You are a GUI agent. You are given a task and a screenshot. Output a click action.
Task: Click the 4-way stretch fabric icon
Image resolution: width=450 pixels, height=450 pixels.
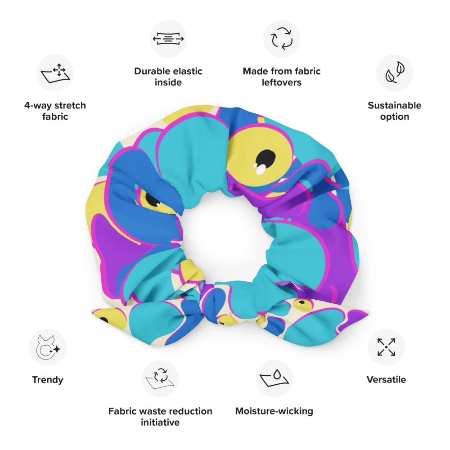point(55,73)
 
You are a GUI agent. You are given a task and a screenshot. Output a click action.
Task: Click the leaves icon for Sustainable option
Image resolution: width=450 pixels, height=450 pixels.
point(395,73)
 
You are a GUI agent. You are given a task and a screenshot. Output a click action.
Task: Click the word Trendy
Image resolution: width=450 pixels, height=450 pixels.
point(48,380)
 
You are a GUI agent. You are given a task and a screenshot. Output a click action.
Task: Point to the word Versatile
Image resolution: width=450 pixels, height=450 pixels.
point(386,380)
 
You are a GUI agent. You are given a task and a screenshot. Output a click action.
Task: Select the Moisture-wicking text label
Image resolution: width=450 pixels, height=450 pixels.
point(274,411)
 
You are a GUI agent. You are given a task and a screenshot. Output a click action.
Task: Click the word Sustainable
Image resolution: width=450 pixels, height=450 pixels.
point(394,106)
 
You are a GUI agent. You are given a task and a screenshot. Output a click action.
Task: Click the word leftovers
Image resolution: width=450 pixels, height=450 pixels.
point(282,82)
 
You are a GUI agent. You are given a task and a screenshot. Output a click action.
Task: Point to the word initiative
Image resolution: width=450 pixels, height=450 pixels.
point(160,423)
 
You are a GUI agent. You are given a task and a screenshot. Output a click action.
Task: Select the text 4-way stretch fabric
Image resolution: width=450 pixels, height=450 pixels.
point(55,111)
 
